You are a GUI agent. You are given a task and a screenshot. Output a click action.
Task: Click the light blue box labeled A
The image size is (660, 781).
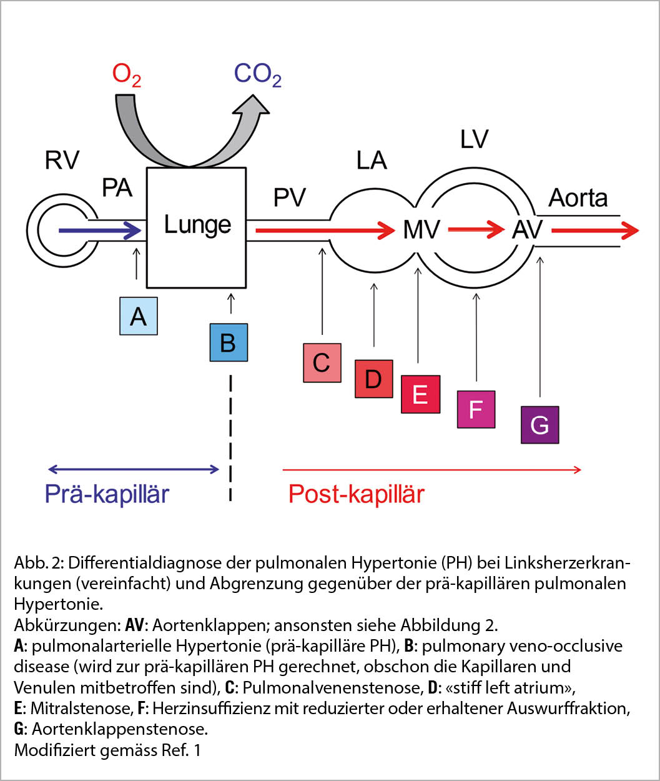point(139,316)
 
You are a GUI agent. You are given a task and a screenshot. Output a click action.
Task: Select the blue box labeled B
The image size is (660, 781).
point(228,342)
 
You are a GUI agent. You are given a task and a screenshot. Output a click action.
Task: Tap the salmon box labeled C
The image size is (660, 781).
point(322,362)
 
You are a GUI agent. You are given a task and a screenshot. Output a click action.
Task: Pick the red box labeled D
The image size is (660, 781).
point(373,379)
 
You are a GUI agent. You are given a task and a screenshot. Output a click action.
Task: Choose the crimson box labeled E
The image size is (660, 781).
point(420,394)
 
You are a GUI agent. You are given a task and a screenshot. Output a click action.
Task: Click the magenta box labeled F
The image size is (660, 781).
point(476,409)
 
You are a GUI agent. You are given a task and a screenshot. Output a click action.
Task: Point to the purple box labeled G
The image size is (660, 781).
point(539,425)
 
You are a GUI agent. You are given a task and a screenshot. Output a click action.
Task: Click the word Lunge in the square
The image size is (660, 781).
point(197,225)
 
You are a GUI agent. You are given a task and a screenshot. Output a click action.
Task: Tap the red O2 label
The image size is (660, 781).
point(127,75)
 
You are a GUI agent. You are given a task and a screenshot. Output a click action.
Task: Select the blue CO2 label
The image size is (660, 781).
point(257,75)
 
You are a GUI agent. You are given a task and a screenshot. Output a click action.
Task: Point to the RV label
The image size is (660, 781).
point(62,160)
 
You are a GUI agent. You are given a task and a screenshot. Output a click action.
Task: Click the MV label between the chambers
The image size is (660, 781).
point(421,230)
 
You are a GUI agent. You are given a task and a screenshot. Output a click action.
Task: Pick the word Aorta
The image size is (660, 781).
point(578,198)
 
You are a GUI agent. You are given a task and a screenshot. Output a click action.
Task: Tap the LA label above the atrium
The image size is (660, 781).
point(372,161)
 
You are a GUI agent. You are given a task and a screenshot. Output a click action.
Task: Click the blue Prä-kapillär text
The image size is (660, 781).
point(107,494)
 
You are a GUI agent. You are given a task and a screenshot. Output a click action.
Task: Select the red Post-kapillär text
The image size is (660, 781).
point(356,494)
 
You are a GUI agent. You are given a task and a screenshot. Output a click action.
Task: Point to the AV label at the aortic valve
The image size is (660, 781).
point(528,230)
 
